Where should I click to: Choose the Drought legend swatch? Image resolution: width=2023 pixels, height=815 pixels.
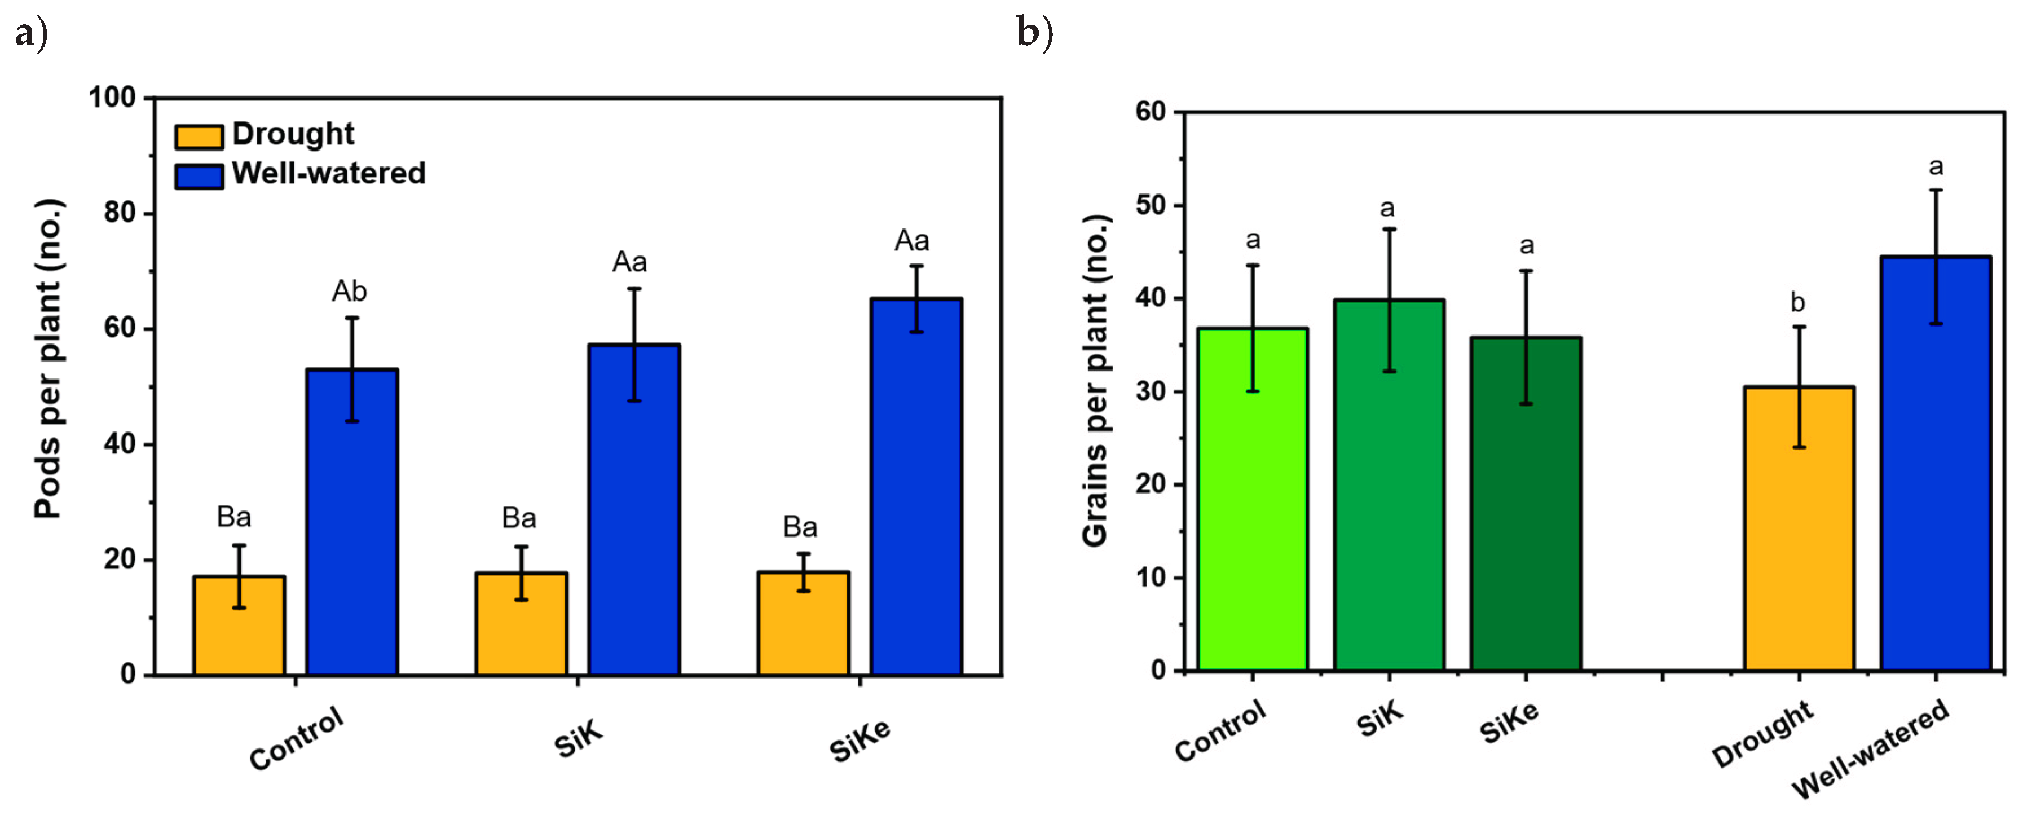(199, 136)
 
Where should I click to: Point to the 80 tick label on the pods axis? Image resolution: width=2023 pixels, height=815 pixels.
(120, 213)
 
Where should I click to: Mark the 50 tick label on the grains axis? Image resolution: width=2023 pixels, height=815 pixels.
(1151, 206)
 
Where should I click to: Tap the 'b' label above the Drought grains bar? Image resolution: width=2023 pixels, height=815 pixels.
(1797, 302)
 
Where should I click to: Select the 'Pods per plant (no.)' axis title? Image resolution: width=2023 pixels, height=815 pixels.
(49, 359)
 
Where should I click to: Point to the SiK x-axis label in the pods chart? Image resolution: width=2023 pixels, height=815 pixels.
(579, 739)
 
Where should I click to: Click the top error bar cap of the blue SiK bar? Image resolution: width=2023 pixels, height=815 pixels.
(634, 289)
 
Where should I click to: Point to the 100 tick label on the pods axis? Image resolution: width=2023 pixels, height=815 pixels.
(112, 98)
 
